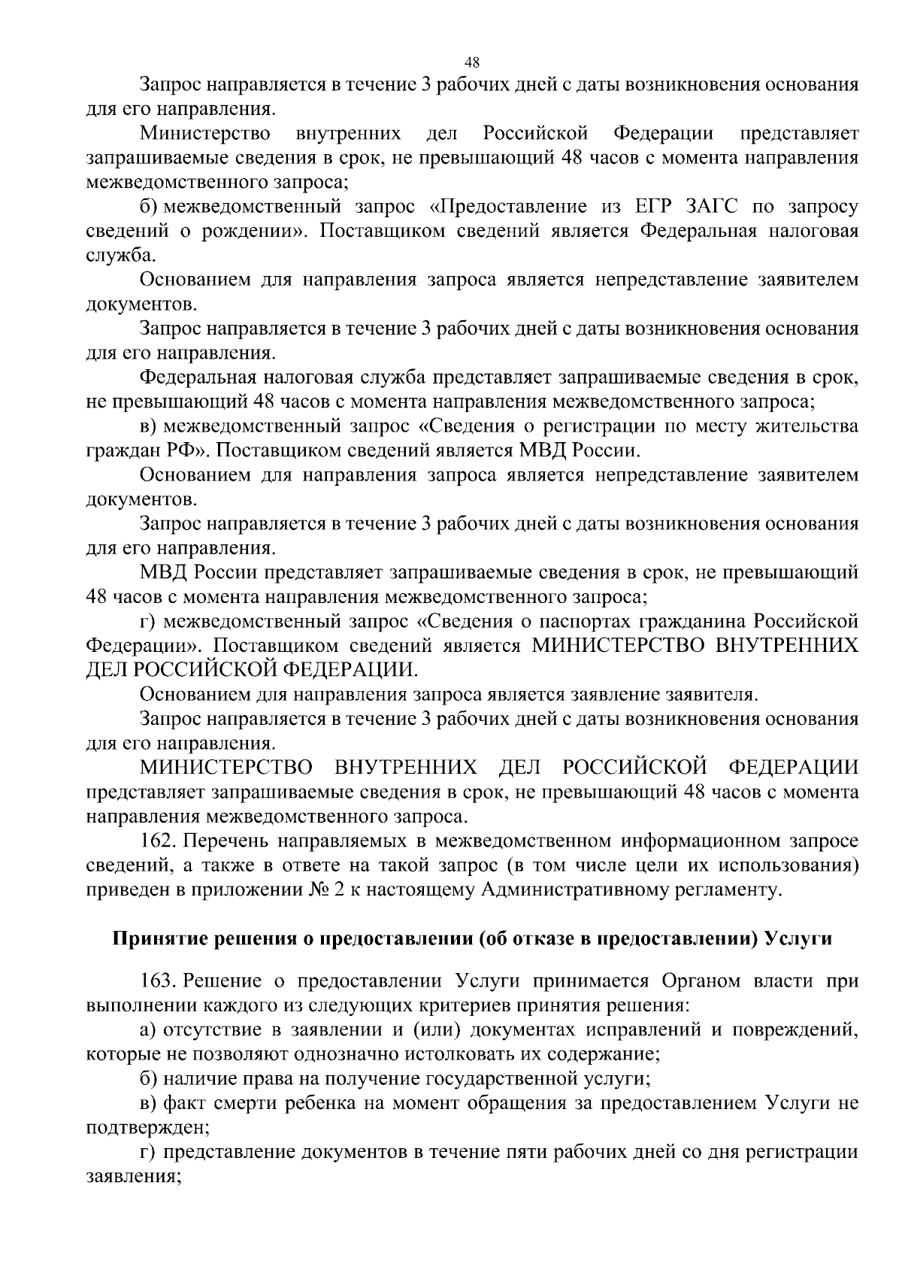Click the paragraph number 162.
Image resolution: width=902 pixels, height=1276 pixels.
coord(159,841)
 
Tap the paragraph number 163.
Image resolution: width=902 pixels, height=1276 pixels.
coord(159,981)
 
